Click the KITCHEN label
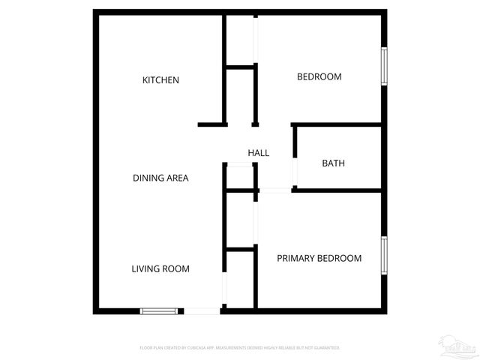tap(160, 80)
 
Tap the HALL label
tap(259, 153)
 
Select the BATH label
tap(333, 163)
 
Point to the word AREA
tap(177, 178)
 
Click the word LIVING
tap(145, 268)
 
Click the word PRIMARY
tap(294, 258)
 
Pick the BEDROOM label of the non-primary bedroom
tap(319, 76)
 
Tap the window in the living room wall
tap(159, 310)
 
